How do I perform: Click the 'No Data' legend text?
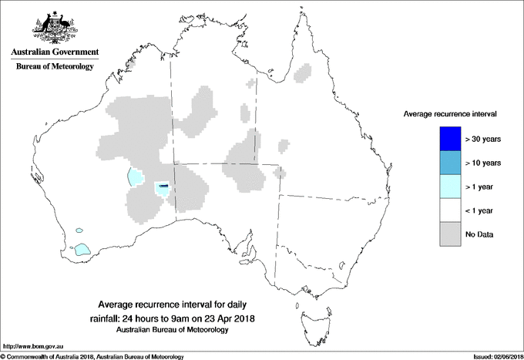pos(481,234)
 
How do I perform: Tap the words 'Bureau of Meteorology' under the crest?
pos(55,67)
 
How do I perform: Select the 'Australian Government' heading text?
pos(55,52)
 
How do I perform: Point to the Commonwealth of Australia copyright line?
pos(92,356)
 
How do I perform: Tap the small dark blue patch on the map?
pos(163,185)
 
